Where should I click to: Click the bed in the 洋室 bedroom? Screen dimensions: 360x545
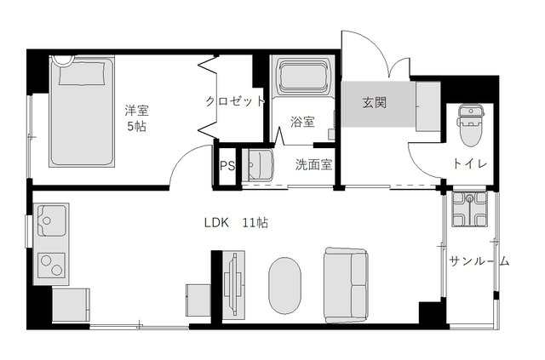pos(82,112)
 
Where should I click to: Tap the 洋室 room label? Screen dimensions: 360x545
pos(137,110)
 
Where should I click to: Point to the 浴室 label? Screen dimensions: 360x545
pos(301,122)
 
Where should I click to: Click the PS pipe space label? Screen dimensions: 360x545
pos(227,165)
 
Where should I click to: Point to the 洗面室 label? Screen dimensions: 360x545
pos(313,165)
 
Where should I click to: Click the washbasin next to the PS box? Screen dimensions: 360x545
pos(258,164)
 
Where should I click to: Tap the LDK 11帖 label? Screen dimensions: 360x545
pos(236,223)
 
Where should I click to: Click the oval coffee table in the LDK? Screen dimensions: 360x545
pos(285,286)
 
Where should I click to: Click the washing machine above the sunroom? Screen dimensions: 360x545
pos(469,209)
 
